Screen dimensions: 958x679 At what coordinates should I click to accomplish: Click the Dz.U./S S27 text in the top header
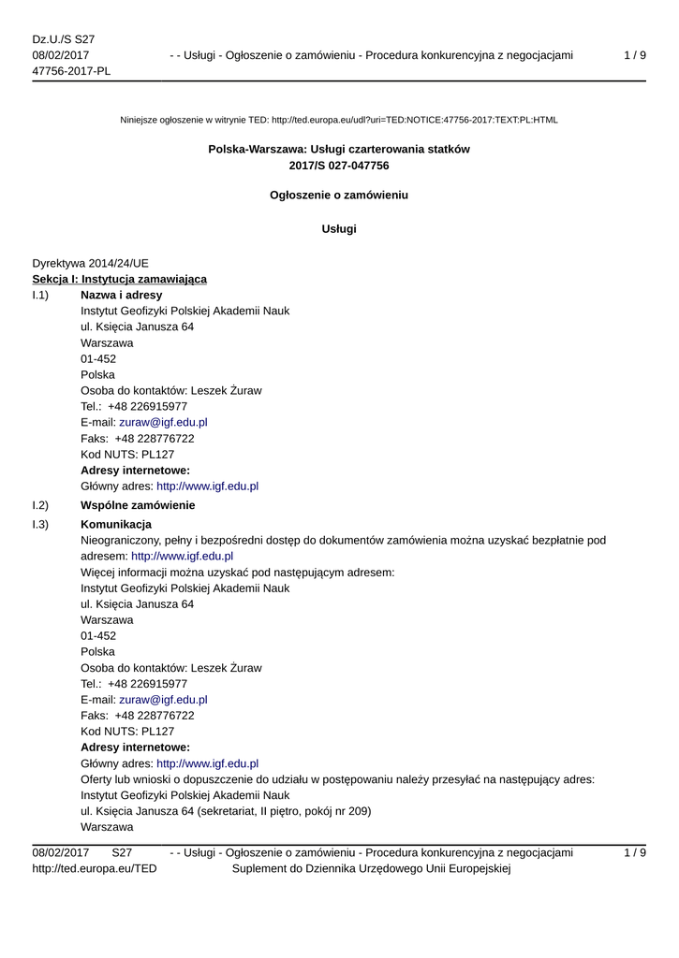[64, 39]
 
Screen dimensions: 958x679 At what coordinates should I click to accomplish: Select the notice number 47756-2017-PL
[71, 71]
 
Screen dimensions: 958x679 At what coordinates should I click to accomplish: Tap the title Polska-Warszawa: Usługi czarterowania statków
[339, 149]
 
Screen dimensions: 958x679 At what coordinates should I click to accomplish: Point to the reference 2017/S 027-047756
[339, 166]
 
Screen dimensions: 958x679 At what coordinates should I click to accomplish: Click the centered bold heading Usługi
[339, 228]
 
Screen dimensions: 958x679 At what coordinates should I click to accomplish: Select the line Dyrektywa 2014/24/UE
[90, 263]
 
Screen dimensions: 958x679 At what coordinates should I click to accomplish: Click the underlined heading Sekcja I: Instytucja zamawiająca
[120, 279]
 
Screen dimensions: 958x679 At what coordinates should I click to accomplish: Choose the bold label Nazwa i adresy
[122, 295]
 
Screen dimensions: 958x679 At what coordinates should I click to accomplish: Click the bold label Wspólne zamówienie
[138, 505]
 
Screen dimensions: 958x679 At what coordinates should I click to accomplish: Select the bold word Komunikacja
[116, 524]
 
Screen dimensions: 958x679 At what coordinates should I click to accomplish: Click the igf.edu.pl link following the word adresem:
[182, 556]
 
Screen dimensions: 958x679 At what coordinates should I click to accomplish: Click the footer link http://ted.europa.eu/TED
[95, 869]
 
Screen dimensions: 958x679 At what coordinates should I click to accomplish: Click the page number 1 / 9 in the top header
[634, 55]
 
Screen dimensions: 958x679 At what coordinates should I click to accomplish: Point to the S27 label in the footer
[122, 852]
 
